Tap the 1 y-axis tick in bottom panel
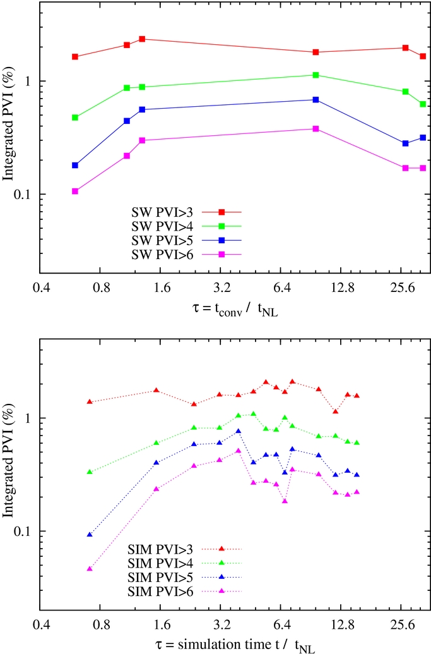[31, 418]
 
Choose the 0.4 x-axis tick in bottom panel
[42, 626]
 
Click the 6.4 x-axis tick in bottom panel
[282, 626]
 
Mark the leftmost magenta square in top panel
[75, 191]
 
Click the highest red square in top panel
[142, 39]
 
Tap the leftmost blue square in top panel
[75, 165]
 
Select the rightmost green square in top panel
[423, 104]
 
